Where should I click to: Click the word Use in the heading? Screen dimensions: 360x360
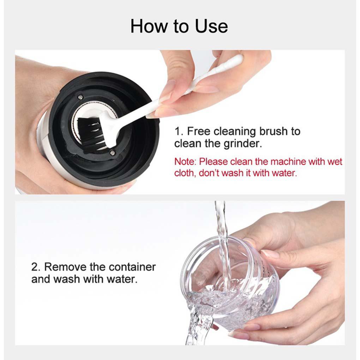(x=211, y=26)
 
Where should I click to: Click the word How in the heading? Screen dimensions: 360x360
(x=149, y=26)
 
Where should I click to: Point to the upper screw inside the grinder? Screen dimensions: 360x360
(x=80, y=97)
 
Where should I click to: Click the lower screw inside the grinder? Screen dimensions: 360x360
(x=112, y=152)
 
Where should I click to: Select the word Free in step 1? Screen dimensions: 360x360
(x=198, y=131)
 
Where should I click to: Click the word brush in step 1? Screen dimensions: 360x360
(x=273, y=131)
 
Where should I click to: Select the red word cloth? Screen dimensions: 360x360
(x=185, y=173)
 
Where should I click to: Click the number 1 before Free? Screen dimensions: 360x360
(x=178, y=132)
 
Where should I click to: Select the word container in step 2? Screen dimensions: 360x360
(x=132, y=267)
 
